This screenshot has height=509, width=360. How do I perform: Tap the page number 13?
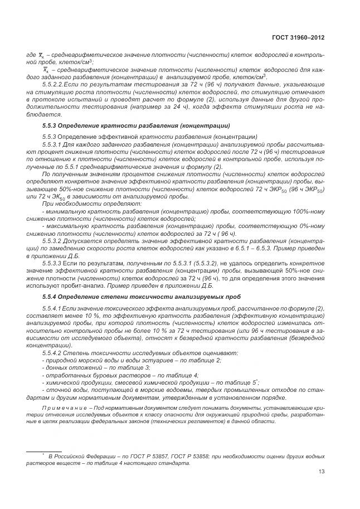(322, 472)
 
